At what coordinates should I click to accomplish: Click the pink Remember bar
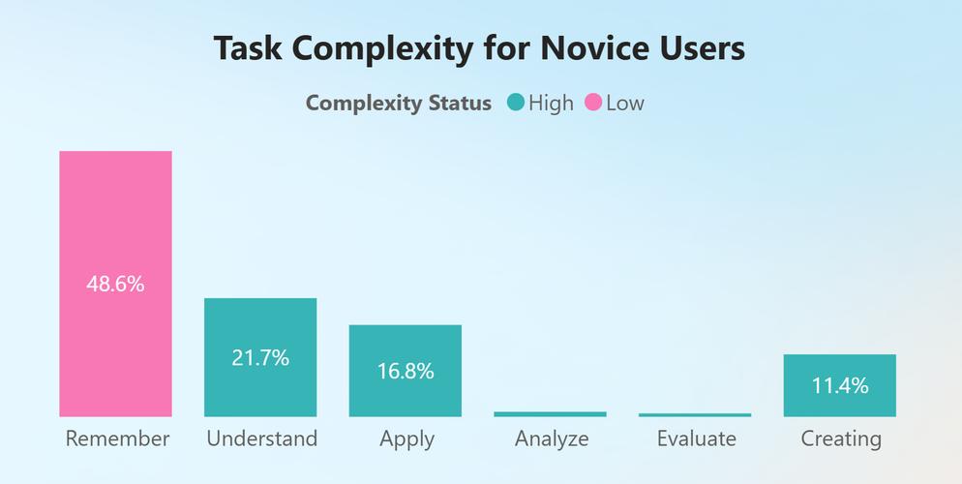115,284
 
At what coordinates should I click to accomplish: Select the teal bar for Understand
260,357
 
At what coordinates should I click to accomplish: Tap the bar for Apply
405,371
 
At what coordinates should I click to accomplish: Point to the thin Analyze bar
550,414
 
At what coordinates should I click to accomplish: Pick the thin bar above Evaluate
695,415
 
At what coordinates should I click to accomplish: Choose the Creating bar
839,386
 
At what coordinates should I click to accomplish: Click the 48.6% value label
115,284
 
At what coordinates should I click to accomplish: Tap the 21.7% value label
260,357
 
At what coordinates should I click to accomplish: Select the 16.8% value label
406,371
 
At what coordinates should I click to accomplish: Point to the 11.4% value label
840,386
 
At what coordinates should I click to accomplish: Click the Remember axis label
117,439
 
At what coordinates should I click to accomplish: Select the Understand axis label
262,439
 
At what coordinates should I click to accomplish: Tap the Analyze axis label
552,439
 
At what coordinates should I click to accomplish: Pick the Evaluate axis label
697,439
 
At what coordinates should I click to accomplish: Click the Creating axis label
841,439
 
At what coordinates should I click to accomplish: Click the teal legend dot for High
516,103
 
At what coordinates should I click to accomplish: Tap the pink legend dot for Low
593,103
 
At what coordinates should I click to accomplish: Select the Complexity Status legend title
398,103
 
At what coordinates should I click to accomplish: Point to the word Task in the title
247,48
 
